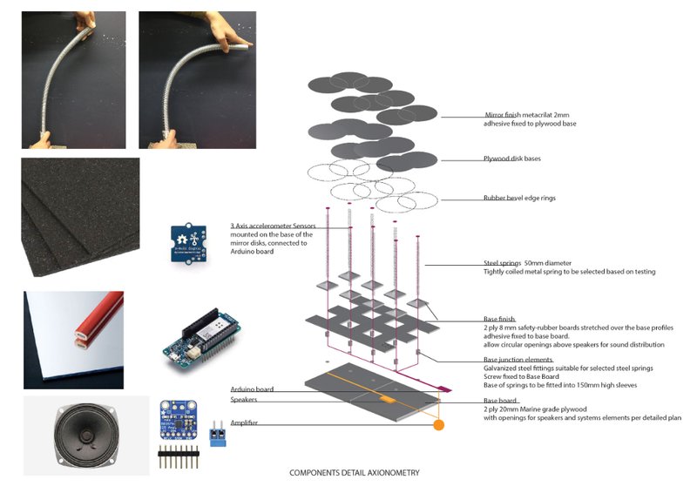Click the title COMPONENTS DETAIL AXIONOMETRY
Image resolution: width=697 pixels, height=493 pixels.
pyautogui.click(x=354, y=473)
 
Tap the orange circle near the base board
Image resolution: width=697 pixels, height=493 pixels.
pyautogui.click(x=439, y=425)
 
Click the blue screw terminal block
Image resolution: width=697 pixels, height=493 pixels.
pyautogui.click(x=218, y=436)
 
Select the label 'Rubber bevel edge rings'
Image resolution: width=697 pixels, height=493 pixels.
pyautogui.click(x=520, y=198)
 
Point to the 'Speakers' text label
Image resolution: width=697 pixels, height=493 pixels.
pyautogui.click(x=243, y=401)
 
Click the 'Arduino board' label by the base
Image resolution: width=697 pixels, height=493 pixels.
pyautogui.click(x=253, y=389)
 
